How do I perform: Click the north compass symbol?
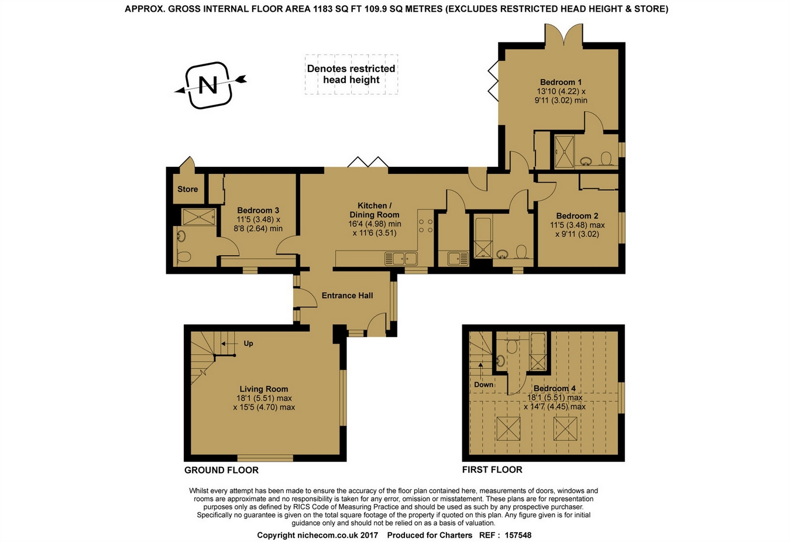click(210, 85)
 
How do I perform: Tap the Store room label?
click(187, 189)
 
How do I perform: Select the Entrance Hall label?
click(347, 296)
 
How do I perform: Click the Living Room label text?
click(264, 389)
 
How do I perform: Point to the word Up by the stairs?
click(248, 344)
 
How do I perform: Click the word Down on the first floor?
click(483, 385)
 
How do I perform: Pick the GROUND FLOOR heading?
click(221, 470)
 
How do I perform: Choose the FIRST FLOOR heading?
click(492, 469)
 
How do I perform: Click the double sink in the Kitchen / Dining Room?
click(401, 259)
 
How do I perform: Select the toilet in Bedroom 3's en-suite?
click(183, 256)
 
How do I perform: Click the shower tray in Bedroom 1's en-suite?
click(564, 152)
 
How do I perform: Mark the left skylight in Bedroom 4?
click(508, 428)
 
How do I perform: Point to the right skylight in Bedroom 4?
click(565, 428)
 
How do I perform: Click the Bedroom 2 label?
click(577, 216)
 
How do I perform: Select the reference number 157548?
click(518, 536)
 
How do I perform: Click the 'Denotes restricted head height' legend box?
click(351, 74)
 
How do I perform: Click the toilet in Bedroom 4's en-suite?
click(511, 347)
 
